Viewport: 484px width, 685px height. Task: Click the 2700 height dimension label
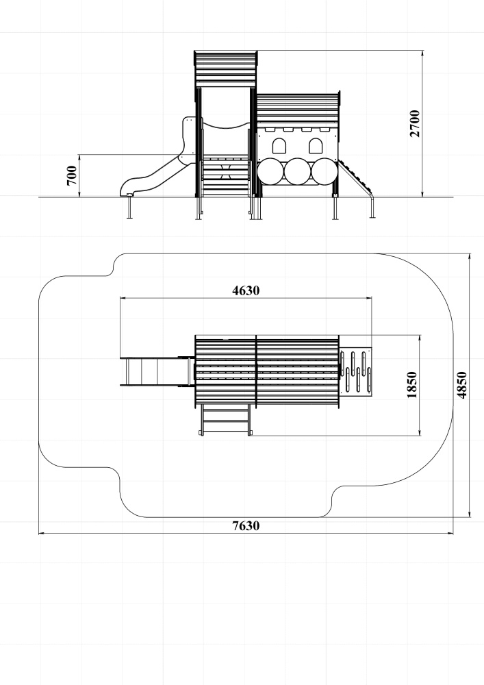click(414, 123)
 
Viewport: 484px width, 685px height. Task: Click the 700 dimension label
click(71, 176)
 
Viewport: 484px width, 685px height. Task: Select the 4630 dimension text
click(246, 290)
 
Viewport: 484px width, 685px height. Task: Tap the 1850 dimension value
click(411, 385)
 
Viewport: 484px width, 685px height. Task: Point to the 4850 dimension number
click(462, 386)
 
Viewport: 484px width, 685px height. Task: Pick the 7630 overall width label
click(246, 526)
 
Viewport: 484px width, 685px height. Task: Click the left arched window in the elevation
click(279, 145)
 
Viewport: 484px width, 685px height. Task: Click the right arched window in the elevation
click(316, 145)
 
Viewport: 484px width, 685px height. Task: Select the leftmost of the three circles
click(270, 171)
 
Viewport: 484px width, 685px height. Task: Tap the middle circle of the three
click(296, 171)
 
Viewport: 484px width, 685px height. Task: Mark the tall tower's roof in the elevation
click(225, 68)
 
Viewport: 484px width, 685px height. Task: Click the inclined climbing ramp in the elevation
click(356, 177)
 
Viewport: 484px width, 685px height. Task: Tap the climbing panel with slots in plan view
click(357, 371)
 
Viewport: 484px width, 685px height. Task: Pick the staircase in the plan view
click(225, 419)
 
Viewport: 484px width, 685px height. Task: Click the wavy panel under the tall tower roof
click(225, 123)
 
